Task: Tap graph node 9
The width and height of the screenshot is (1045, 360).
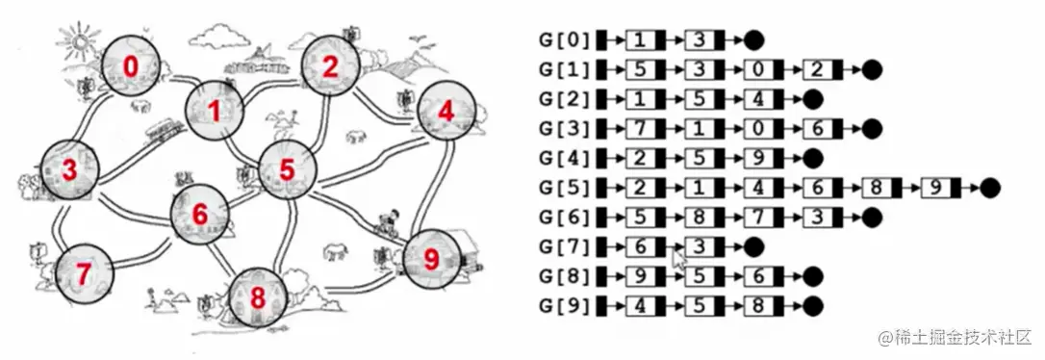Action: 429,258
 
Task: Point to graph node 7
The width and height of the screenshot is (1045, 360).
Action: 84,273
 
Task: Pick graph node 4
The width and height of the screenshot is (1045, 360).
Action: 445,112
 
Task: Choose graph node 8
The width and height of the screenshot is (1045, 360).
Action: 258,296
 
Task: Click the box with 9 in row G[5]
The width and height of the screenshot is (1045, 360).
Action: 937,188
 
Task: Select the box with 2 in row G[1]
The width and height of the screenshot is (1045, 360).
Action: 818,69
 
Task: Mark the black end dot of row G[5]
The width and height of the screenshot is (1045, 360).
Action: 991,188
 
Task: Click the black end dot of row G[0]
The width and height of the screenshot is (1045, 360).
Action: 755,40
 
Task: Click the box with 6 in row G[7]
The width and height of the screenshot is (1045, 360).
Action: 641,247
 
